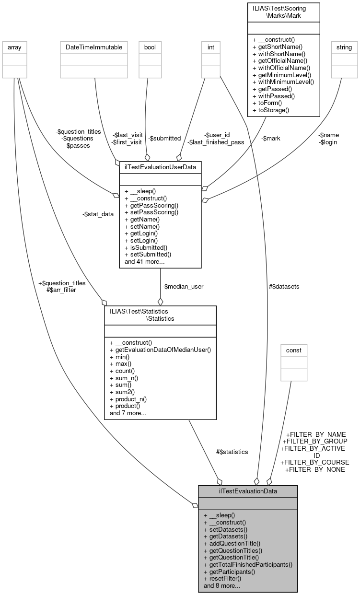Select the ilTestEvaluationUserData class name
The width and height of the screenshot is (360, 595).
160,166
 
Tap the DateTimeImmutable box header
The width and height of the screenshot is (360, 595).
93,47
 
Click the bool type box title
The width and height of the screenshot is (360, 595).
147,47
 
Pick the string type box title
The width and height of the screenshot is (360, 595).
344,47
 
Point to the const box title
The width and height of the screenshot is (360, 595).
294,350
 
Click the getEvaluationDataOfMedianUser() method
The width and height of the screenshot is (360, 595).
160,350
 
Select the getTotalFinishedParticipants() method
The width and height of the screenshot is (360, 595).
248,565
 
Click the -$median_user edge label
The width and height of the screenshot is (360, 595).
183,286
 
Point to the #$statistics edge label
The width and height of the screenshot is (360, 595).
232,452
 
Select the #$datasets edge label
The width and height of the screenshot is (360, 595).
284,286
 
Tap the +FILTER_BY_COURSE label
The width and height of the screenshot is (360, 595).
315,462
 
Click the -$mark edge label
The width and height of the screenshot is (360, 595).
271,138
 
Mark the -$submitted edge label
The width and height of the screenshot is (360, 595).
164,138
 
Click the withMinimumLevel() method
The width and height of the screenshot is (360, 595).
283,82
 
